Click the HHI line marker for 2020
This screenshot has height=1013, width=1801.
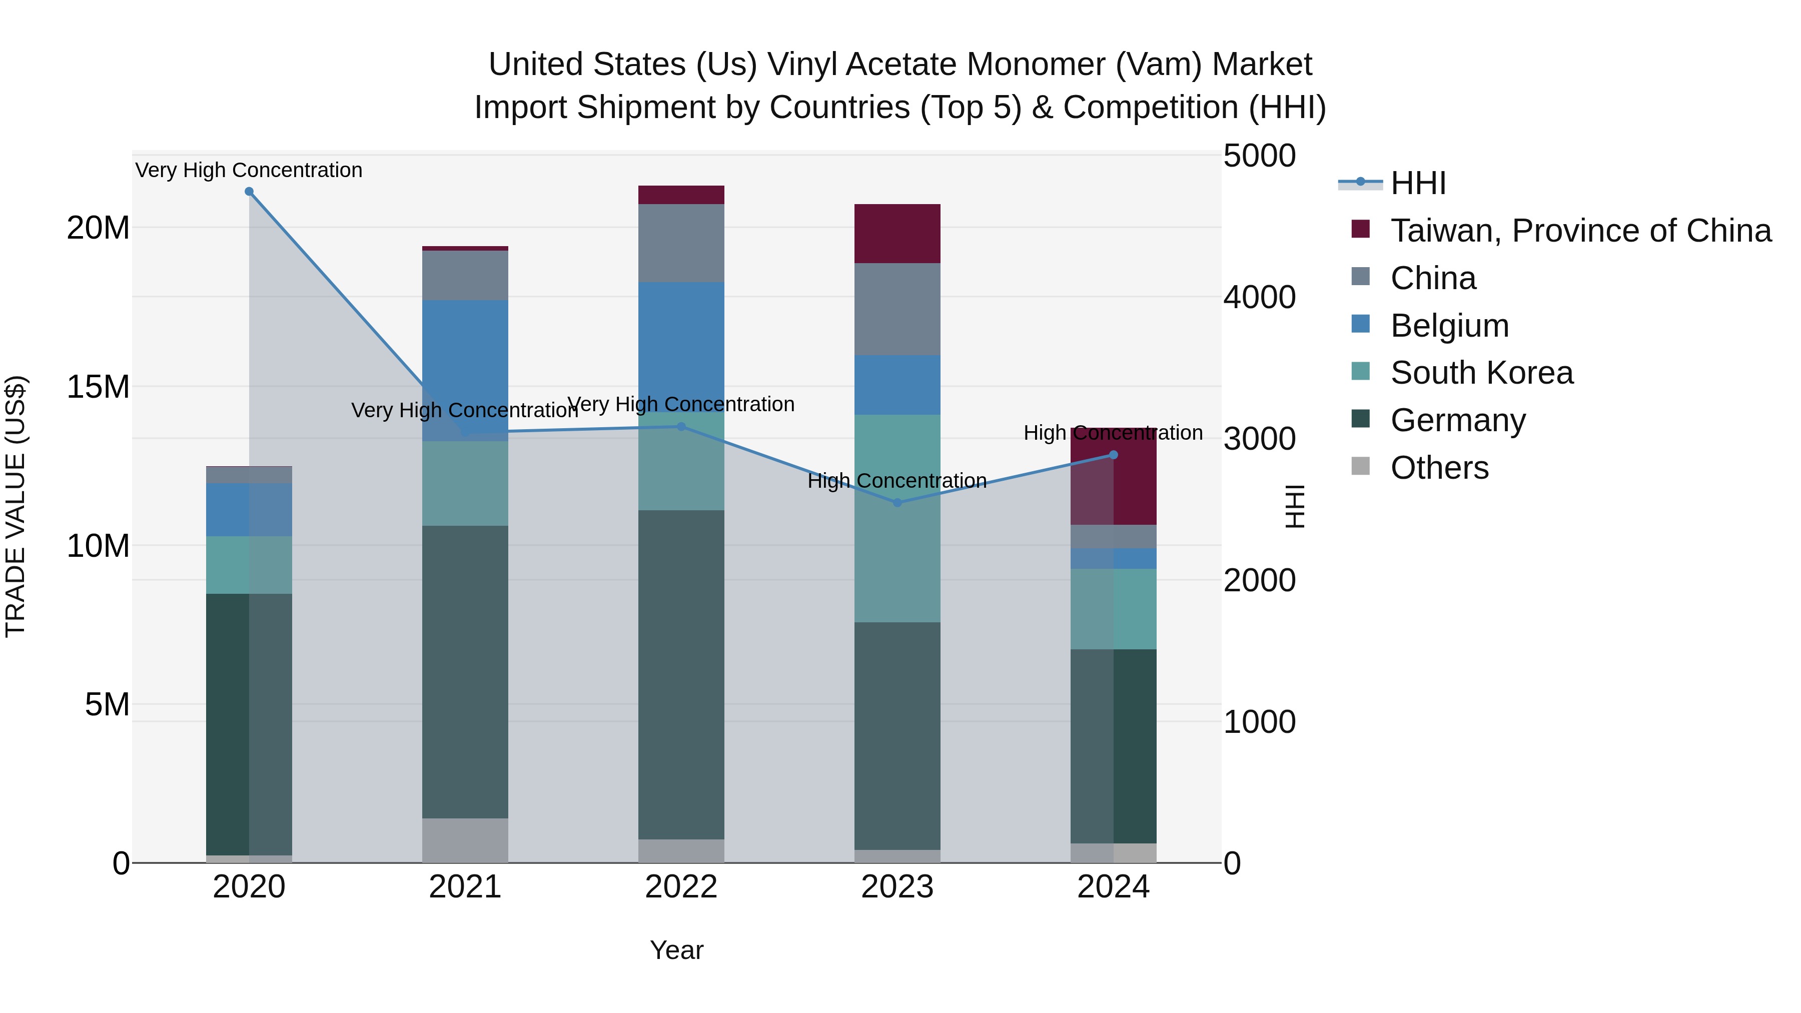tap(249, 192)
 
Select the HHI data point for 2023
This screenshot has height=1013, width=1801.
tap(897, 503)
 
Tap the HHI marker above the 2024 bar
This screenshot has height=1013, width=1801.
tap(1113, 455)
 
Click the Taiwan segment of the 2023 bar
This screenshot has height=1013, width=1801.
tap(897, 234)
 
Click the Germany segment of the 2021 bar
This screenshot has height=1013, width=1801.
tap(465, 671)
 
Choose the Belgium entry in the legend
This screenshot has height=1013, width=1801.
tap(1449, 326)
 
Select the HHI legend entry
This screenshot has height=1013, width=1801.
tap(1417, 183)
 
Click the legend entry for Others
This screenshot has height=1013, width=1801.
tap(1439, 468)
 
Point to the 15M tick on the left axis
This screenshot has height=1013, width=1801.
tap(98, 387)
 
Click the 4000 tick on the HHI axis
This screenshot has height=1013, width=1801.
tap(1259, 297)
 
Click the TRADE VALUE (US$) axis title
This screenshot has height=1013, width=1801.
tap(16, 506)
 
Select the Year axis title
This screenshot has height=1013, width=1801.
tap(676, 950)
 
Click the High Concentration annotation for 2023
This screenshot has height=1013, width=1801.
tap(897, 481)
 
